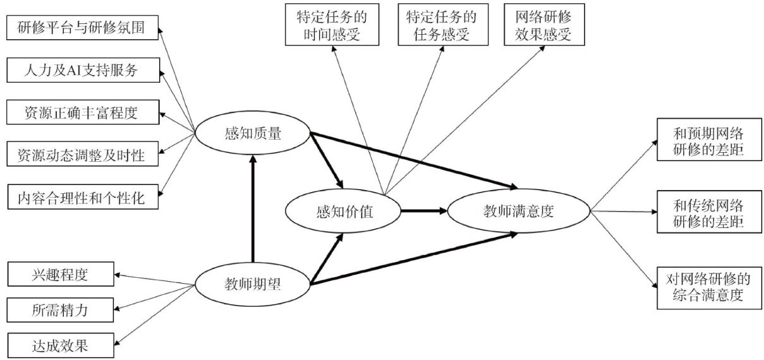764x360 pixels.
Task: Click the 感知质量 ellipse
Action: click(252, 133)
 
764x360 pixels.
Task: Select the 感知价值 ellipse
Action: click(344, 212)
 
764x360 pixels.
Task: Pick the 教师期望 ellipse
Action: click(252, 284)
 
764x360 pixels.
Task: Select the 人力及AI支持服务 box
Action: click(82, 71)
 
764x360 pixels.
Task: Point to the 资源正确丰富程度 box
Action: click(82, 113)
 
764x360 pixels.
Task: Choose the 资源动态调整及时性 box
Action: click(82, 155)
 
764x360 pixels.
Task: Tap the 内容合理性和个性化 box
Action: click(82, 198)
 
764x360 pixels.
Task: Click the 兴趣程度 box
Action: click(61, 276)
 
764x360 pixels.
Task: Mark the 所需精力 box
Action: click(61, 311)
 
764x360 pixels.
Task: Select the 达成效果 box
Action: click(61, 345)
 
